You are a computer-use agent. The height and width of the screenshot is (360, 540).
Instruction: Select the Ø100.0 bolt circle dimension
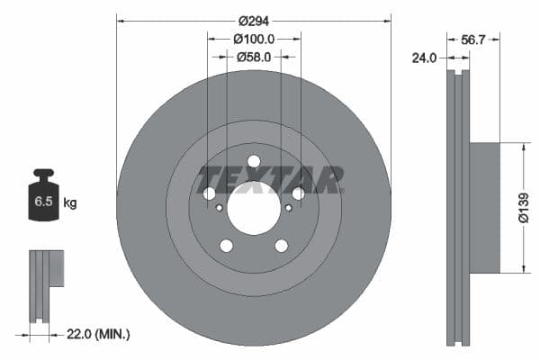[254, 40]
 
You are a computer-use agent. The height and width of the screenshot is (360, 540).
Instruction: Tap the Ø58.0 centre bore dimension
[254, 57]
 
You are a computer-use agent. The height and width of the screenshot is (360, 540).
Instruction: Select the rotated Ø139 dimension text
[524, 207]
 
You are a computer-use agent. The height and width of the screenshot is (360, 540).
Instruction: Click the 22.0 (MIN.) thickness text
[98, 334]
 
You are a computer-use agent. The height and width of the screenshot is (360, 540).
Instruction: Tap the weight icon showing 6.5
[43, 197]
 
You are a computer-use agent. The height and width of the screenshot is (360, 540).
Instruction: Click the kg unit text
[70, 203]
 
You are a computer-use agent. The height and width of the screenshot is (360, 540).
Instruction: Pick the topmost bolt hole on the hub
[254, 162]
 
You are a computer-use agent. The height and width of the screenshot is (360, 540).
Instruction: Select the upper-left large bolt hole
[210, 193]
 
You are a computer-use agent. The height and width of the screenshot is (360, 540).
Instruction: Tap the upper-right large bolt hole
[298, 193]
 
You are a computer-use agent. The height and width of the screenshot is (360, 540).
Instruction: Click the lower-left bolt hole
[226, 246]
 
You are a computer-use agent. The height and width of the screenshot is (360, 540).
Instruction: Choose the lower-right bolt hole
[282, 246]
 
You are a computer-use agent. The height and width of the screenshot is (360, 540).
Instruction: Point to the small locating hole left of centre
[220, 208]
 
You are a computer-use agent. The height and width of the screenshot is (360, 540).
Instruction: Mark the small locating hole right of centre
[288, 208]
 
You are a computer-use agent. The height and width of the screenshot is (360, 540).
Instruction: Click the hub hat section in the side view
[485, 207]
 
